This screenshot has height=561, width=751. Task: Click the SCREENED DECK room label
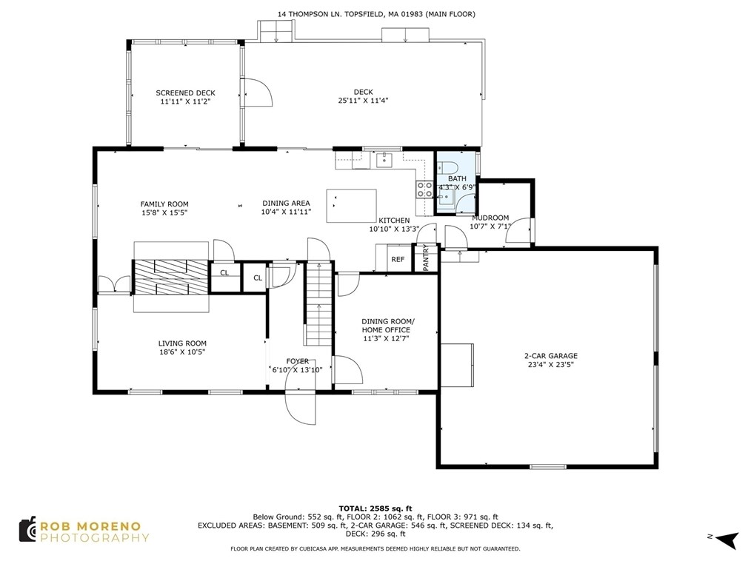[185, 93]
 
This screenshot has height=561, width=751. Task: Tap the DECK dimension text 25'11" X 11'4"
[363, 101]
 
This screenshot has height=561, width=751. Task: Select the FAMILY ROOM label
[164, 204]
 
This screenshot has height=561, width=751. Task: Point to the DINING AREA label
[286, 203]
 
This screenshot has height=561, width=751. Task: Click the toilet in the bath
[447, 167]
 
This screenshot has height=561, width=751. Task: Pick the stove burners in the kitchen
[424, 189]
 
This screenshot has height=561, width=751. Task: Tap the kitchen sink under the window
[384, 160]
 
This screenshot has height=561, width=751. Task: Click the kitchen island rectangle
[351, 206]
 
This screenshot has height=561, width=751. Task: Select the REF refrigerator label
[398, 260]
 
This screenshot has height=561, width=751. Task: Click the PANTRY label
[426, 258]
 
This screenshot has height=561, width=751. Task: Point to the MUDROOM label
[490, 218]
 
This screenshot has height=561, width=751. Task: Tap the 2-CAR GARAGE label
[551, 356]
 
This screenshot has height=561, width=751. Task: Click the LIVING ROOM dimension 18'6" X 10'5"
[182, 352]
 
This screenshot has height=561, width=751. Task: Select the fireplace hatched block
[170, 277]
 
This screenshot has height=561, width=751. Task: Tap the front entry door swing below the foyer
[300, 408]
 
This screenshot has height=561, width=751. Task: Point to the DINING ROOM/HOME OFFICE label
[386, 326]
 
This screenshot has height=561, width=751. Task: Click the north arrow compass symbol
[727, 540]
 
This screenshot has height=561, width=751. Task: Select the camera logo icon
[27, 529]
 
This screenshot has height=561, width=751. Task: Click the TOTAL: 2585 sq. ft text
[375, 508]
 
